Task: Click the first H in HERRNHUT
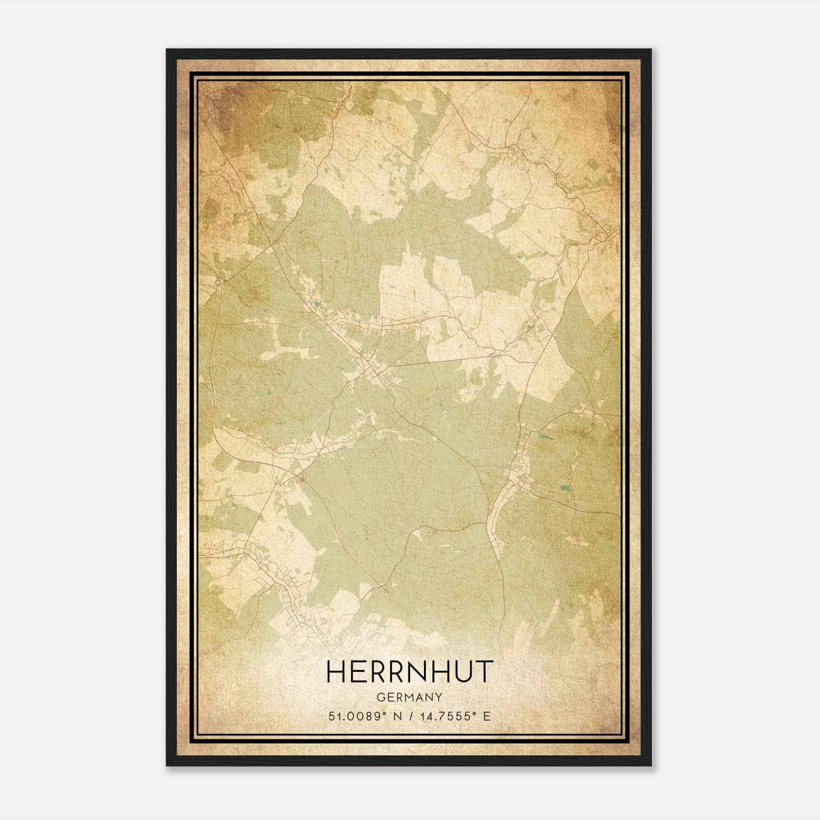click(337, 671)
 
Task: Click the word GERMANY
click(409, 697)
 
